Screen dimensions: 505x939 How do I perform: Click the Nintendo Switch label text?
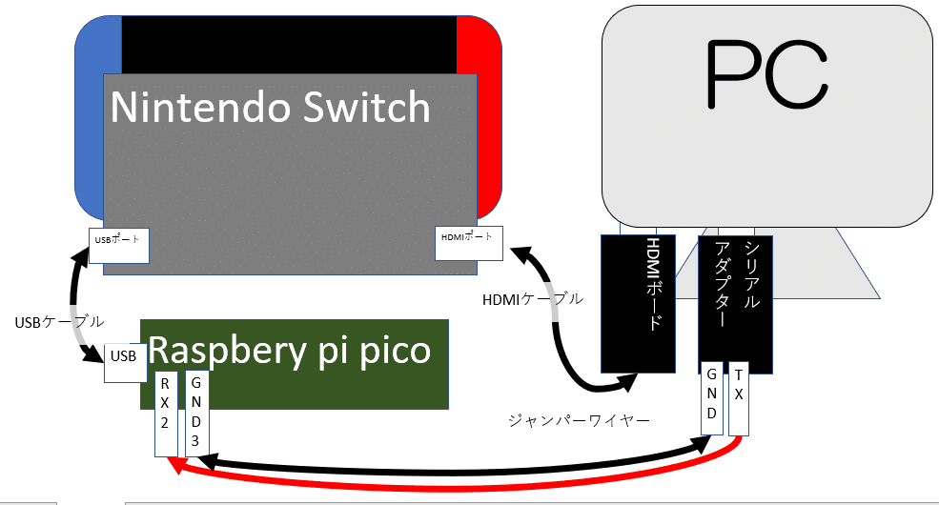271,108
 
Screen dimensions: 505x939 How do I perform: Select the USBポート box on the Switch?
119,246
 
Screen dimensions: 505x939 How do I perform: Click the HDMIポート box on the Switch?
468,243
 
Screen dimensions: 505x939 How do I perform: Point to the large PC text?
766,76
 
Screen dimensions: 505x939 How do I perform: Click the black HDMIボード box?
638,303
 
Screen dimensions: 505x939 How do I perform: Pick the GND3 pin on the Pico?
196,413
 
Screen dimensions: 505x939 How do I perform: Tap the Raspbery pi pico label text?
291,351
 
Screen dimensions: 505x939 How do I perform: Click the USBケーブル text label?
60,322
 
